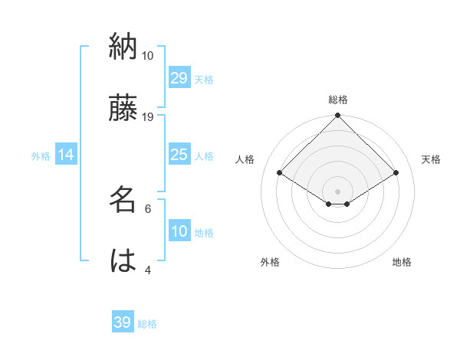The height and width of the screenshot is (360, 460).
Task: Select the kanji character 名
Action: (x=123, y=201)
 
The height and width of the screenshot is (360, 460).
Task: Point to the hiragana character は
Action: (x=123, y=261)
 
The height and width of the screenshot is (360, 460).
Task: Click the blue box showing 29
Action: (x=179, y=78)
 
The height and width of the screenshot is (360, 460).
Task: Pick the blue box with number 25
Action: (x=179, y=155)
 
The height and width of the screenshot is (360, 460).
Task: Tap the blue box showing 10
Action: (x=179, y=231)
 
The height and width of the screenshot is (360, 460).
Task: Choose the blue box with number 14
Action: (x=66, y=155)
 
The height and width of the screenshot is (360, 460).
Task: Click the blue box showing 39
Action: (x=123, y=322)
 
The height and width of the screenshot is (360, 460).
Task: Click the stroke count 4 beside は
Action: (x=147, y=270)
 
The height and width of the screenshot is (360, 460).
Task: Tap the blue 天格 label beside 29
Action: (x=204, y=80)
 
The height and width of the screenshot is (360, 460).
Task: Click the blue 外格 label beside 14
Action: (x=41, y=156)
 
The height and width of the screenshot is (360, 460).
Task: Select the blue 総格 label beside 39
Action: (x=147, y=324)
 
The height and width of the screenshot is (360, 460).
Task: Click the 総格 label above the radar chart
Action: (x=337, y=100)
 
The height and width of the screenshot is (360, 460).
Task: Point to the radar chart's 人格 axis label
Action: (x=245, y=159)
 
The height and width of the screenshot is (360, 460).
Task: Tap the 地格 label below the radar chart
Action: (x=402, y=262)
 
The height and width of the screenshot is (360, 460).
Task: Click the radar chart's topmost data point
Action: (x=337, y=116)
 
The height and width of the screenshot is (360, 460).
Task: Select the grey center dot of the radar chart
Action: (x=337, y=191)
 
